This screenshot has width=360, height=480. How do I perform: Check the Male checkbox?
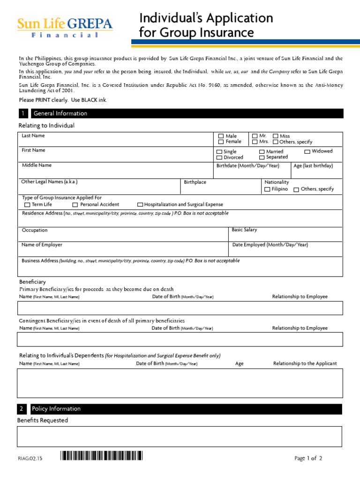(x=220, y=136)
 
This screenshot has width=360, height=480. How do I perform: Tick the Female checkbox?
(x=220, y=142)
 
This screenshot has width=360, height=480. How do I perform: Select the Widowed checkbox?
(x=307, y=151)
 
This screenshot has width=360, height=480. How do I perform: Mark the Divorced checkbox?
(x=219, y=157)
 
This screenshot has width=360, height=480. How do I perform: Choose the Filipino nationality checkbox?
(x=267, y=189)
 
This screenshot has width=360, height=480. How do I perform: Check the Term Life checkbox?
(x=27, y=205)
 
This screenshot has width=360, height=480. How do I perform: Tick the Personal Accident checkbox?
(x=75, y=205)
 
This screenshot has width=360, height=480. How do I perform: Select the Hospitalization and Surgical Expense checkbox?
(x=140, y=205)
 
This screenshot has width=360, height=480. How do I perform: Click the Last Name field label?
(x=33, y=135)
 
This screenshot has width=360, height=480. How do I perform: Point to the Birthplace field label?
(x=195, y=182)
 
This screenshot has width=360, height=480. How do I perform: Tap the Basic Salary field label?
(x=244, y=230)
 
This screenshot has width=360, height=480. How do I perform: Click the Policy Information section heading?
(x=56, y=409)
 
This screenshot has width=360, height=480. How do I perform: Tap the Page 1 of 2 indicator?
(x=308, y=458)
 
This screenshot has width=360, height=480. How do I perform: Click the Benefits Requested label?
(x=43, y=420)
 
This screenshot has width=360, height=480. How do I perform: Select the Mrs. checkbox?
(x=255, y=142)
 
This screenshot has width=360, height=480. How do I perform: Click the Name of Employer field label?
(x=42, y=245)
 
